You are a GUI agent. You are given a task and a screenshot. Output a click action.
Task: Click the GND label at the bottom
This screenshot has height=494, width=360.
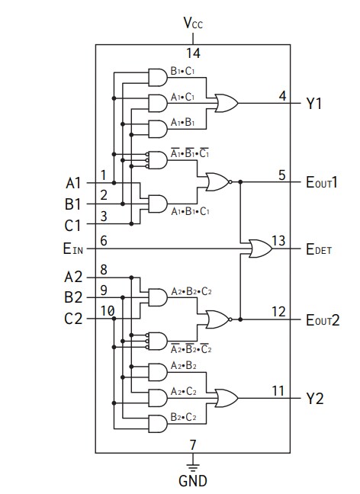point(192,481)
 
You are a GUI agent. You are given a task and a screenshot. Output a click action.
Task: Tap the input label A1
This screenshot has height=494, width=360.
point(73,183)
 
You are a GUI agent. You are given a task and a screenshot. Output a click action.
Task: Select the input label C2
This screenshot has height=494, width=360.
point(73,319)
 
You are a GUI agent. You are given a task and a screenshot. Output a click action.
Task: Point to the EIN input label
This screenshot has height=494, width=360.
point(74,248)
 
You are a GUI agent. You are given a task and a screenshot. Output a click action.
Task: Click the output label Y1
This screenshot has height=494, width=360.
point(314,103)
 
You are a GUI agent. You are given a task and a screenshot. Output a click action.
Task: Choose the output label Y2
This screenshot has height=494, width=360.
point(314,398)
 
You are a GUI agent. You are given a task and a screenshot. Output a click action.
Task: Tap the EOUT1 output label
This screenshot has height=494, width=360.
point(323,183)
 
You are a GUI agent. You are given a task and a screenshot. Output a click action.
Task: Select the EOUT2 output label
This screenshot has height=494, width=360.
point(323,319)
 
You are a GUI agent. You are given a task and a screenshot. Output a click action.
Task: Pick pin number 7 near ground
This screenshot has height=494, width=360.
point(193,444)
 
